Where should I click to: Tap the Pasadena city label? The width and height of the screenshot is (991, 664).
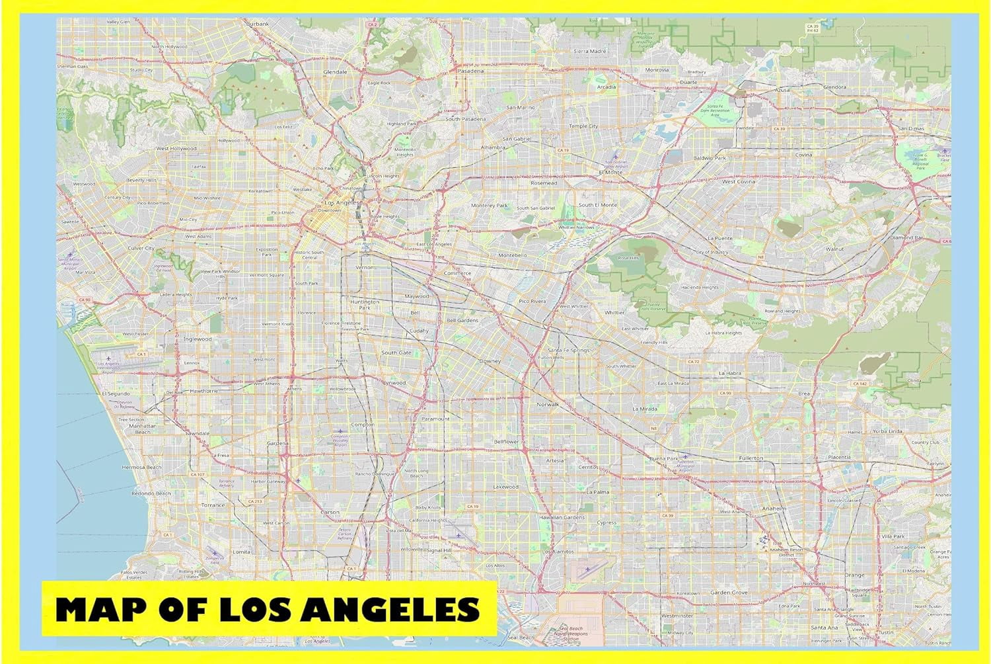(x=470, y=71)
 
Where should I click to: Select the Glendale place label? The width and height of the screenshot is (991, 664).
(x=335, y=71)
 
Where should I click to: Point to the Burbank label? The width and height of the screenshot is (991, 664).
(x=258, y=24)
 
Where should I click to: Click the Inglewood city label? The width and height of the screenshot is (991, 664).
(x=198, y=339)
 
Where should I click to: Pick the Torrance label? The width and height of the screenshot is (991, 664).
(x=213, y=505)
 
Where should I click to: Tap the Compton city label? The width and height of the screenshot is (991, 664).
(x=362, y=425)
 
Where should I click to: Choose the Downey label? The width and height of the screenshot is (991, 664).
(x=490, y=361)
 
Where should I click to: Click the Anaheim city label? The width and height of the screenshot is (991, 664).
(x=774, y=508)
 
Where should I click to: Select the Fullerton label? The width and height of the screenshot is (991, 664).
(x=751, y=458)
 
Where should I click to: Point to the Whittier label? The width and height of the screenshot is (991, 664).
(x=614, y=312)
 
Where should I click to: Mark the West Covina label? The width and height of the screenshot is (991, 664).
(x=738, y=181)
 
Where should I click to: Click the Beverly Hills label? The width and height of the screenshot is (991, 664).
(x=141, y=180)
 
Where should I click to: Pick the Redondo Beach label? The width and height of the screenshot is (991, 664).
(x=151, y=493)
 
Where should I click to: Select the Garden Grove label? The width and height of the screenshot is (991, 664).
(x=729, y=593)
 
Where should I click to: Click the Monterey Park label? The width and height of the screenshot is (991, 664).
(x=490, y=206)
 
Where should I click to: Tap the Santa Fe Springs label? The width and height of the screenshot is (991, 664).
(x=568, y=350)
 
